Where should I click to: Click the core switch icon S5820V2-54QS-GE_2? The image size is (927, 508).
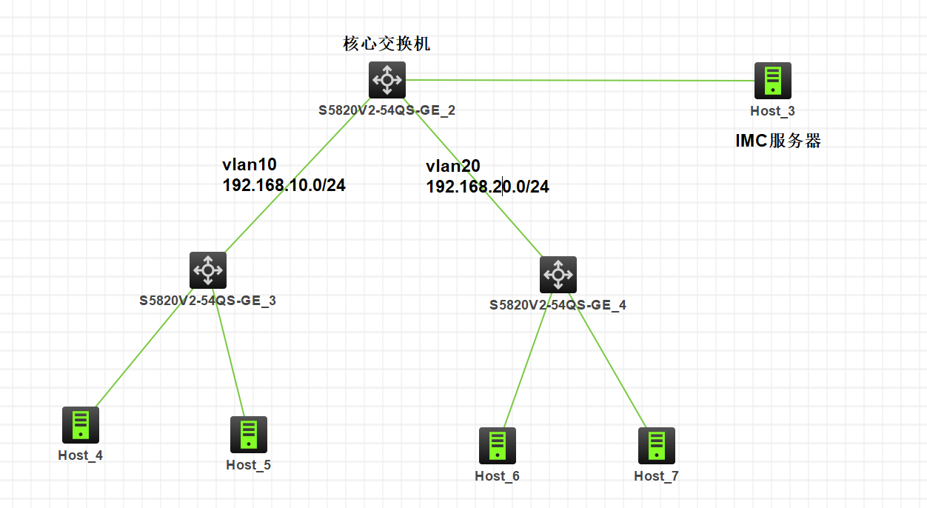(x=387, y=79)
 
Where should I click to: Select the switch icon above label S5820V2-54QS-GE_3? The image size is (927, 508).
(x=207, y=270)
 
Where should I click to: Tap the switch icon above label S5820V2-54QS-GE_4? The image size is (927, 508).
(x=558, y=275)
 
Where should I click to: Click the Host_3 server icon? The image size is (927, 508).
(x=772, y=81)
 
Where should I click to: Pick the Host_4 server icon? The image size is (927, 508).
(x=80, y=424)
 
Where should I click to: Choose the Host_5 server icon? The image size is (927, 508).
(x=248, y=434)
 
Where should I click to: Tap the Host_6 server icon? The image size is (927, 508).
(x=497, y=445)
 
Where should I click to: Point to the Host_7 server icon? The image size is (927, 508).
(x=656, y=445)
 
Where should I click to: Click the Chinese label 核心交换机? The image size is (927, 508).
(x=386, y=44)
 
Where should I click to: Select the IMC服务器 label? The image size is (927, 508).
(x=778, y=141)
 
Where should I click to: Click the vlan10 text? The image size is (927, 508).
(x=249, y=164)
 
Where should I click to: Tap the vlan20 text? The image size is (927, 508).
(x=452, y=167)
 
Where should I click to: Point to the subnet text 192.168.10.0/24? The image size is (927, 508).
(x=284, y=185)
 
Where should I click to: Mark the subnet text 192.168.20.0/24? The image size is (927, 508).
(x=487, y=187)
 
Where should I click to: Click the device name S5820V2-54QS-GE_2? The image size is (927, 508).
(x=386, y=111)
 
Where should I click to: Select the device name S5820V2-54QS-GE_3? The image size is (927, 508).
(x=207, y=301)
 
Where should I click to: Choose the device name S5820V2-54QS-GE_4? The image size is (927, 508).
(x=558, y=305)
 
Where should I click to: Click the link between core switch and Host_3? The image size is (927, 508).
(x=578, y=80)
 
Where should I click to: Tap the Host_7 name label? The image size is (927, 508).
(x=656, y=476)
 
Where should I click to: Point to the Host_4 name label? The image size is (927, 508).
(x=80, y=455)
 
